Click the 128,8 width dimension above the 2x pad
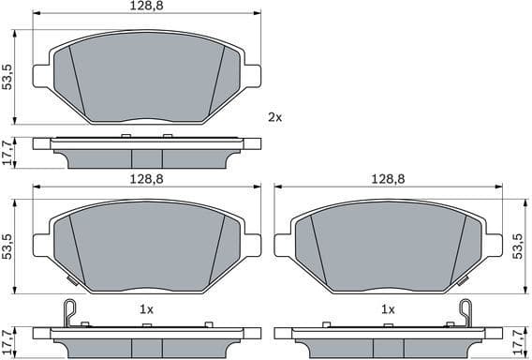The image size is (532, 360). [x=147, y=7]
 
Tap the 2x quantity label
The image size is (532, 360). [x=274, y=117]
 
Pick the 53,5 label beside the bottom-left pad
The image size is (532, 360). [x=7, y=246]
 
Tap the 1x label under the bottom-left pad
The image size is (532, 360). [x=146, y=308]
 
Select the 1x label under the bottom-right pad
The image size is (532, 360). [x=386, y=308]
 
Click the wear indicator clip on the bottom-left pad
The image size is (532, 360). [x=66, y=311]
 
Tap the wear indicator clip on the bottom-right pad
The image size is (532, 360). [x=465, y=311]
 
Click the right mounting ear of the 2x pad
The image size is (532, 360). [x=251, y=76]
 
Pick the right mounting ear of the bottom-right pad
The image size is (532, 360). [x=492, y=246]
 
